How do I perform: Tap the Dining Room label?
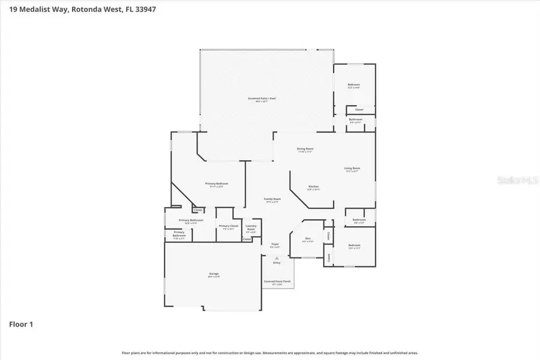[305, 149]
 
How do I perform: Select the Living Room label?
[352, 169]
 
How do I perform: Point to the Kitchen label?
[314, 187]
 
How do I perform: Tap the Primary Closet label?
[228, 226]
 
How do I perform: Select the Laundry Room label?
[251, 228]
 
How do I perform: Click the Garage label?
[214, 274]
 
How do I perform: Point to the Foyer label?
[275, 244]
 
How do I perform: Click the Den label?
[307, 239]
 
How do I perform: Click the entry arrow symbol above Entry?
[277, 257]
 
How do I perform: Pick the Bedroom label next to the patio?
[354, 85]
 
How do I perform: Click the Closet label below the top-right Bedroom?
[359, 110]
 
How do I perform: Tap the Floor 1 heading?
[21, 325]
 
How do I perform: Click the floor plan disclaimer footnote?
[270, 353]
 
